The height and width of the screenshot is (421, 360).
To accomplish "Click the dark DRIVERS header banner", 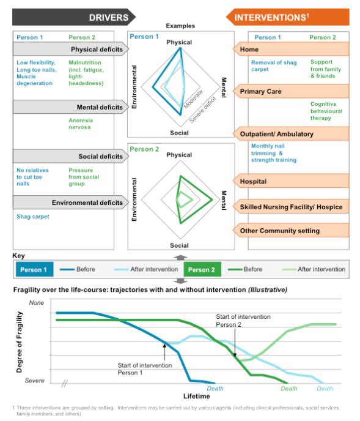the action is [74, 17].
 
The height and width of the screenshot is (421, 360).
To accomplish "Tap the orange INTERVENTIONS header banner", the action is [287, 17].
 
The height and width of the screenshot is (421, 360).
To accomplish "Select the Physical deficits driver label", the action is [97, 50].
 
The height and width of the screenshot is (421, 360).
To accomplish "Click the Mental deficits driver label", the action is [100, 107].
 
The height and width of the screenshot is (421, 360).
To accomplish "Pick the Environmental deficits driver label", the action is [87, 203].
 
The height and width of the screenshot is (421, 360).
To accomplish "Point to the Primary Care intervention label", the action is [260, 92].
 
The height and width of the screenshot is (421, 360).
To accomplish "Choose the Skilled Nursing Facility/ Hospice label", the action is [291, 207].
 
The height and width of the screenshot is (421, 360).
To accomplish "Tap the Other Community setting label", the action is [280, 231].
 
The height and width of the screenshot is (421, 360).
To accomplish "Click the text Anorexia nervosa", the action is [81, 124].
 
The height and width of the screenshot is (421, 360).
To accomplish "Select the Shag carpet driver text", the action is [33, 217].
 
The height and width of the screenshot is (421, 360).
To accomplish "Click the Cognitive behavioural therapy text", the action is [326, 111].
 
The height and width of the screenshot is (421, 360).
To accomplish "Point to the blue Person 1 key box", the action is [34, 269].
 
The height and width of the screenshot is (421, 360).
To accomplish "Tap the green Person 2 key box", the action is [202, 269].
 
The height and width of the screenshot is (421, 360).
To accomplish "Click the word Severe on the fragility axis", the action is [35, 381].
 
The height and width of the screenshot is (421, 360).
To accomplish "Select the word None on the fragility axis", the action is [36, 302].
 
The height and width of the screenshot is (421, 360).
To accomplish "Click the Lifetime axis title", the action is [197, 396].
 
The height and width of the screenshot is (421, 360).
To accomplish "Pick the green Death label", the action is [288, 388].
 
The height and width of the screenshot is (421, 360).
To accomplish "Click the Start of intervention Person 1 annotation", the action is [145, 369].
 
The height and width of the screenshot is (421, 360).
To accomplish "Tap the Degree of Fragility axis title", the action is [20, 342].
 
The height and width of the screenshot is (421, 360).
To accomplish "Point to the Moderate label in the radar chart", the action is [193, 99].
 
